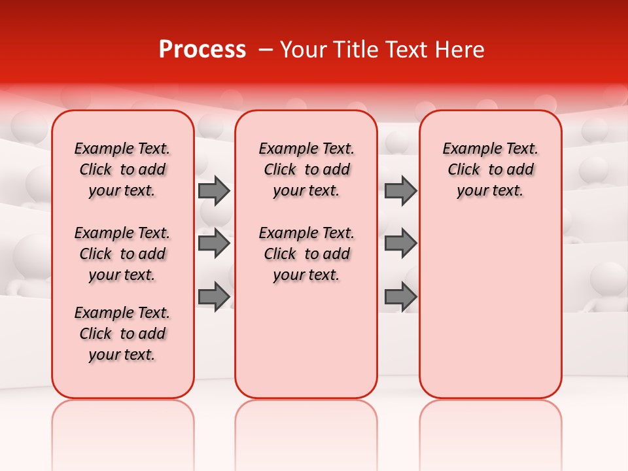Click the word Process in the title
(x=202, y=50)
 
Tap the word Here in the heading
(x=459, y=50)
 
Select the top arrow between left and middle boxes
(x=214, y=190)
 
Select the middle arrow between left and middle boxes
(x=214, y=243)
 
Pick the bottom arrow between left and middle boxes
(x=214, y=296)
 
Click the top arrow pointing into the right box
(x=400, y=190)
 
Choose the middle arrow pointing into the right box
(x=400, y=243)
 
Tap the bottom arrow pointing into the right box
(x=400, y=296)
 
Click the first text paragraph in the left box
(x=122, y=169)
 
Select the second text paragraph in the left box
(x=122, y=254)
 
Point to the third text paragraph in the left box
(x=122, y=334)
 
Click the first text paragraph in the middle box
(x=306, y=169)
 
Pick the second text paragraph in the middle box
(x=306, y=254)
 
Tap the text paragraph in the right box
(x=490, y=169)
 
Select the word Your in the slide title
(x=303, y=50)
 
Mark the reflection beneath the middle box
(x=306, y=425)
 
